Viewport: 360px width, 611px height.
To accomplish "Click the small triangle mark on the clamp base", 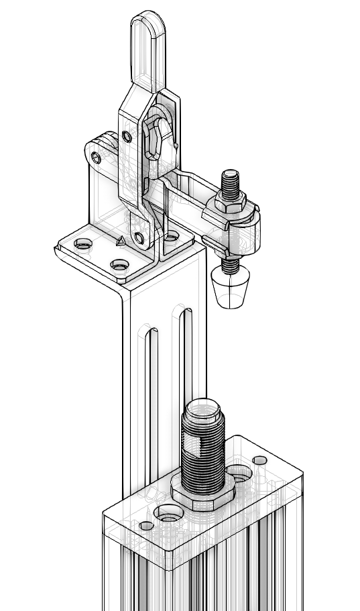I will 120,241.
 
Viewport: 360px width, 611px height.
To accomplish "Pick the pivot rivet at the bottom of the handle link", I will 139,237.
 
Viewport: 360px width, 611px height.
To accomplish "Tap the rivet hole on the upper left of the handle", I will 127,137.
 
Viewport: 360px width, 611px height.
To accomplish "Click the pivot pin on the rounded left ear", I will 97,158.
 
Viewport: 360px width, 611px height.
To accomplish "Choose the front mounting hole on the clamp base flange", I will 119,266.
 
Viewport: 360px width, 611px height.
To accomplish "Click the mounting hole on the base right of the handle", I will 172,235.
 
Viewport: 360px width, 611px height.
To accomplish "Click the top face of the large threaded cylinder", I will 204,406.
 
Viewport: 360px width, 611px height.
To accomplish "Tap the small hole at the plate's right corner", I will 260,460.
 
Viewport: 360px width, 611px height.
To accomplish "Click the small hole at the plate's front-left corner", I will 146,525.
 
